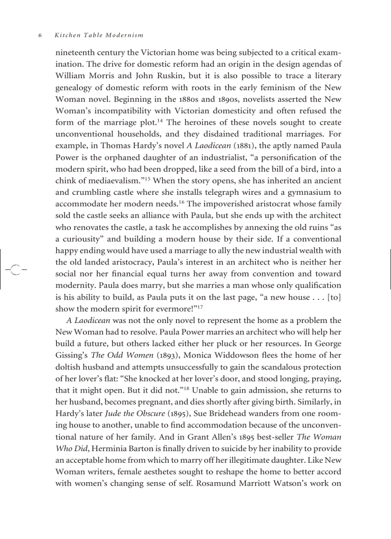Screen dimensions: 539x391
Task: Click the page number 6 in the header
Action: pyautogui.click(x=40, y=36)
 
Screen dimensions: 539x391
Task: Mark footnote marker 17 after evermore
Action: pyautogui.click(x=201, y=306)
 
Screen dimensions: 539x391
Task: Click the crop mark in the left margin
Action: pyautogui.click(x=15, y=269)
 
